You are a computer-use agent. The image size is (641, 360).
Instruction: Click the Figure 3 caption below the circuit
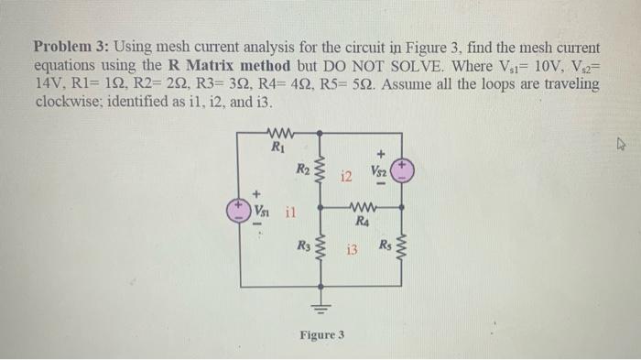pos(321,335)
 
